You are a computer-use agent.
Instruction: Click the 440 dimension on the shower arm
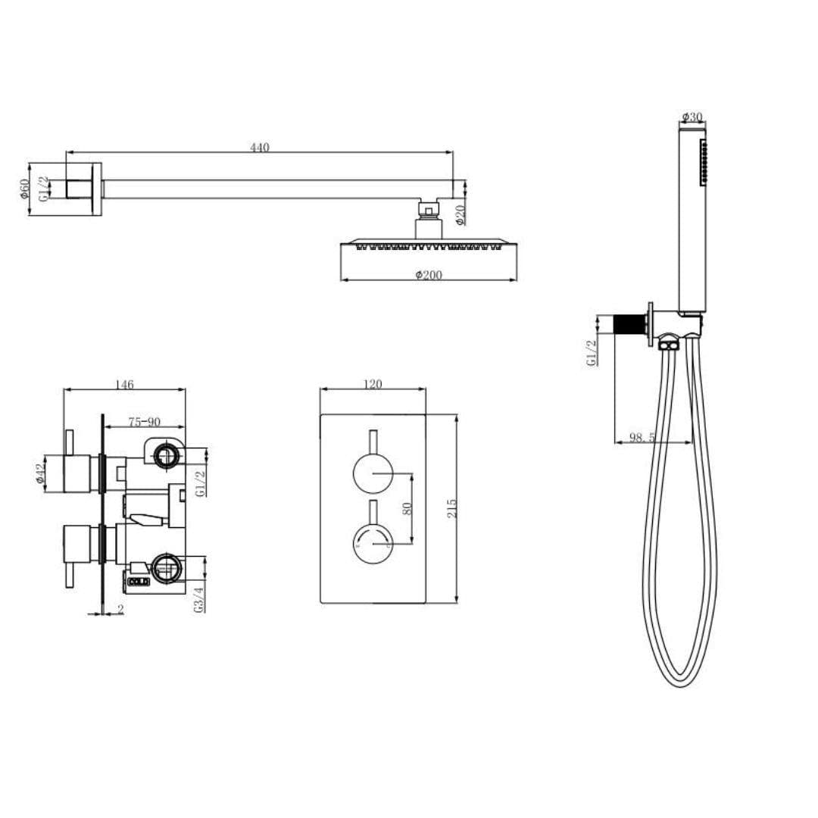coord(260,148)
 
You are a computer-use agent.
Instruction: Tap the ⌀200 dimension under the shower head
coord(429,275)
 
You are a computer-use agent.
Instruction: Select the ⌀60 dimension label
coord(25,189)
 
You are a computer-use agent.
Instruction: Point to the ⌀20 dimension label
coord(461,216)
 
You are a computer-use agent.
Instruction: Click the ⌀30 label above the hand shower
coord(692,117)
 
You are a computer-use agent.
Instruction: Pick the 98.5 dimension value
coord(642,438)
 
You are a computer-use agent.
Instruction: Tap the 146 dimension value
coord(124,385)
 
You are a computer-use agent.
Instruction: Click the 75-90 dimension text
coord(144,422)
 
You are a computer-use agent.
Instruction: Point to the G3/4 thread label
coord(199,598)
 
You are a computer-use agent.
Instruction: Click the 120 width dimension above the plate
coord(373,385)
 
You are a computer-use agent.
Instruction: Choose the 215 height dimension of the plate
coord(452,507)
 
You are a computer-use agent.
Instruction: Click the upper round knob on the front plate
coord(373,475)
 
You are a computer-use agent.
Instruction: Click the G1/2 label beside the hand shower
coord(592,352)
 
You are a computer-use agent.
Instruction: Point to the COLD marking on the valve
coord(138,582)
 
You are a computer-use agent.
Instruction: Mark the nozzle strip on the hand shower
coord(704,161)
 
